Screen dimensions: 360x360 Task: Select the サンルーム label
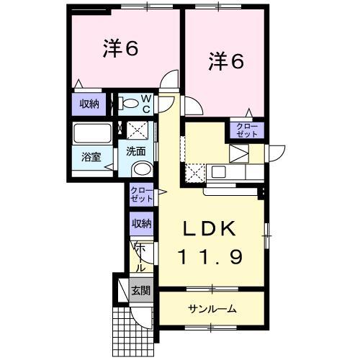[x=213, y=309]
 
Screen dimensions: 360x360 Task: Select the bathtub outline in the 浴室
[x=91, y=134]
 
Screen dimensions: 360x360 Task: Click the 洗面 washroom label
[x=136, y=151]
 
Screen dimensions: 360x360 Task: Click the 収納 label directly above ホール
[x=141, y=223]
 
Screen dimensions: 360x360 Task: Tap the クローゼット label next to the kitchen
[x=246, y=130]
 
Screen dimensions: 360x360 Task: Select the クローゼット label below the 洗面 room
[x=141, y=194]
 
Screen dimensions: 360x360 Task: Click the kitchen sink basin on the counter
[x=218, y=172]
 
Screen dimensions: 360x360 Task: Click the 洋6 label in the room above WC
[x=121, y=49]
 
